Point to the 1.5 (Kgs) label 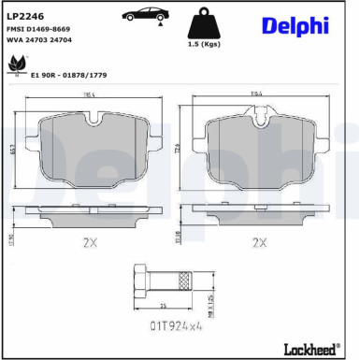[204, 45]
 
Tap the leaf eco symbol [15, 64]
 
